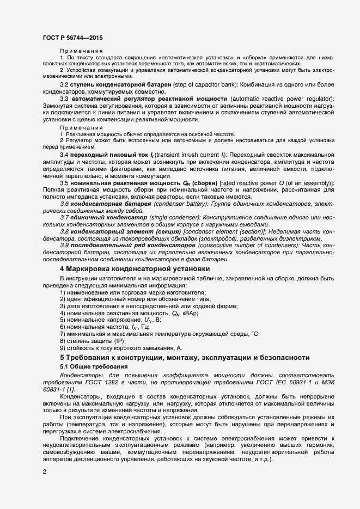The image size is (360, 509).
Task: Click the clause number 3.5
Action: pyautogui.click(x=64, y=183)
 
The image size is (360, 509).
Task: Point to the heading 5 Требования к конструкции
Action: pyautogui.click(x=185, y=357)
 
